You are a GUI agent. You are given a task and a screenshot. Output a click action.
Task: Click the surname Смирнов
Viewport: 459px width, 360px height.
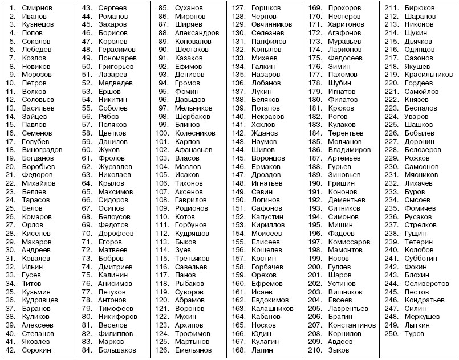38,9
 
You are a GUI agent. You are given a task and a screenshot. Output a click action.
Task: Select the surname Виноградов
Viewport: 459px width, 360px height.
42,150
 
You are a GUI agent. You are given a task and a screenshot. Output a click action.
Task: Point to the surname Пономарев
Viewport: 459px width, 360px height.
117,58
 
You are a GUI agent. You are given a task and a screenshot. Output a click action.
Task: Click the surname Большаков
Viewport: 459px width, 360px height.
117,350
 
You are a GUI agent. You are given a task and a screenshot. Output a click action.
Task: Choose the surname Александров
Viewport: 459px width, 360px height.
197,33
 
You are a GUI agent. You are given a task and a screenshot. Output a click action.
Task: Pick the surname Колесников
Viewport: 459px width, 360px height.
195,133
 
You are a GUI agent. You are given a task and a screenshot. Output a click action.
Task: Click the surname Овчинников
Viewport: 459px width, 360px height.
271,25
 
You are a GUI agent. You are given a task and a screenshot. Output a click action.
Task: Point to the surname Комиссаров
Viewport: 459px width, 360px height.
350,242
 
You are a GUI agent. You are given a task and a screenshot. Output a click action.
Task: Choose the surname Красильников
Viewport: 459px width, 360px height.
428,75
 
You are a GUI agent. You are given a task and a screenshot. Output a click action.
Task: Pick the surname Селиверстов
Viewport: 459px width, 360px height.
426,283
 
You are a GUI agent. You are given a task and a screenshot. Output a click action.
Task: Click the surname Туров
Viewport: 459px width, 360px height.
415,333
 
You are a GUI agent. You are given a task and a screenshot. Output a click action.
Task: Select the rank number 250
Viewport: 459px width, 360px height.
391,333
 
